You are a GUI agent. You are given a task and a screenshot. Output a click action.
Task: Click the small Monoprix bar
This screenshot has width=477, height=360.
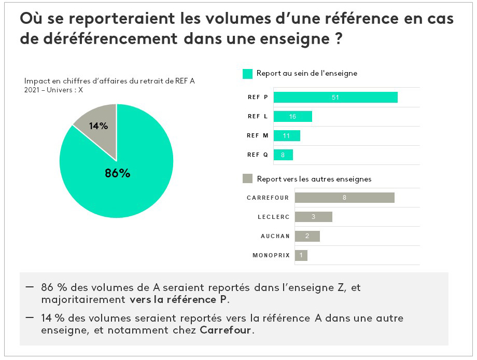[301, 255]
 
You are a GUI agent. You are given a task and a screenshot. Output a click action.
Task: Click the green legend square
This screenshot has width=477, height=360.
[247, 74]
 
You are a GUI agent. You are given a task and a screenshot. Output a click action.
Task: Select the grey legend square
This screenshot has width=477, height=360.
[247, 179]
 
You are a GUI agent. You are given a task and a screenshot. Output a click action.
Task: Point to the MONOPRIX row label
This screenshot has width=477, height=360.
[271, 255]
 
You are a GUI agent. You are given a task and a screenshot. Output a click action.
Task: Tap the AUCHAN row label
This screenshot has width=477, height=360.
[275, 236]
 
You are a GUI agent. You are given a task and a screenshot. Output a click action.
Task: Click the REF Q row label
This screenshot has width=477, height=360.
[257, 155]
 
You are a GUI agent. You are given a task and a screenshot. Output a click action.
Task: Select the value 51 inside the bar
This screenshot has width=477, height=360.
[335, 97]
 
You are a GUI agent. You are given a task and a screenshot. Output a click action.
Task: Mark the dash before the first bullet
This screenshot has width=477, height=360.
[29, 286]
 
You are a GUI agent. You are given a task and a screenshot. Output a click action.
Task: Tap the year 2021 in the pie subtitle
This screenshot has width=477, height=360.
[32, 90]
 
